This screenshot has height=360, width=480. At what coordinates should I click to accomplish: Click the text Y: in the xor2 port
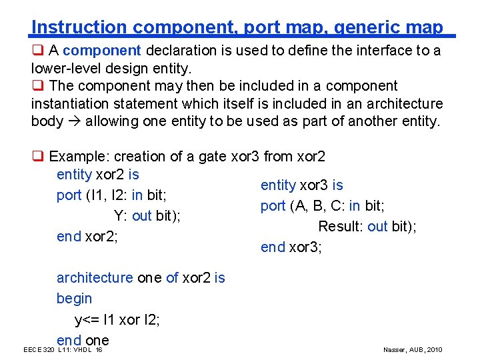click(x=121, y=216)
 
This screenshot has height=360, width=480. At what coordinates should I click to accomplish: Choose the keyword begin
click(x=74, y=299)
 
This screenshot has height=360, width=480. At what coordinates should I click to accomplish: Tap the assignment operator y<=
click(x=86, y=320)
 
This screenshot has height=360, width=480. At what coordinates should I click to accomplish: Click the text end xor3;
click(x=291, y=247)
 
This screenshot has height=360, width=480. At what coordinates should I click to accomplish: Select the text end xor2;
click(x=87, y=236)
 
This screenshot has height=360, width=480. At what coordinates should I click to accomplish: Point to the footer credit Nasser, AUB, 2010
click(x=413, y=350)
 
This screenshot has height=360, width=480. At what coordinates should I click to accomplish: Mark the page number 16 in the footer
click(x=99, y=350)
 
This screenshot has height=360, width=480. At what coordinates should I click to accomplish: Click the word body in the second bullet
click(x=45, y=121)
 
